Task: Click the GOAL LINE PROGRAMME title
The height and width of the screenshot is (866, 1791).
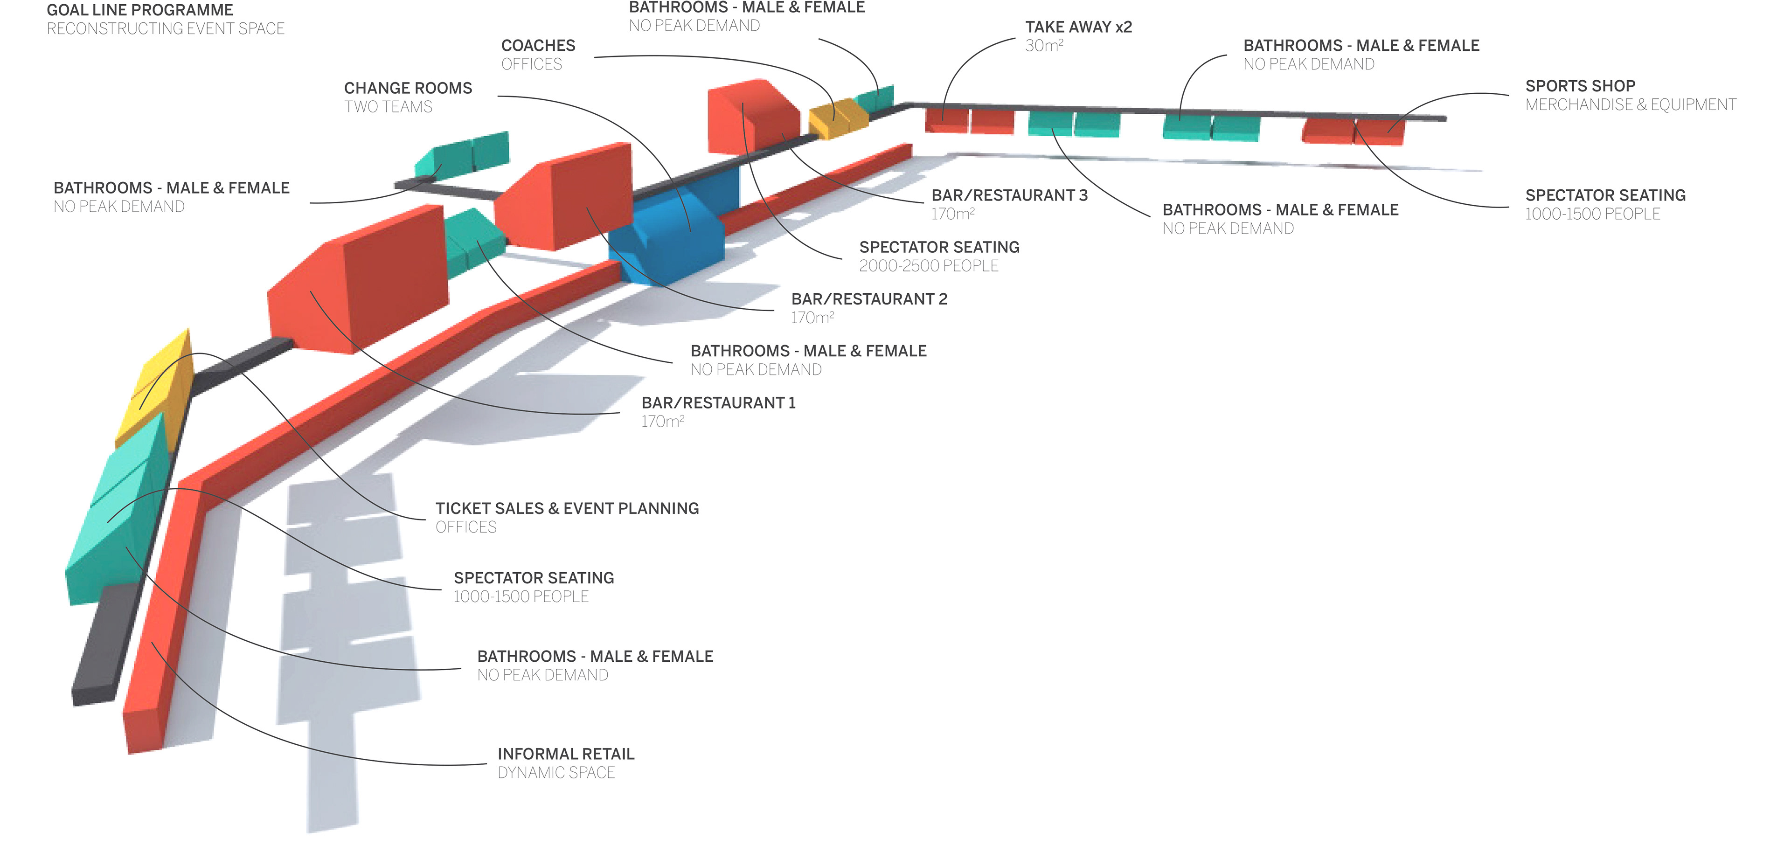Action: (140, 10)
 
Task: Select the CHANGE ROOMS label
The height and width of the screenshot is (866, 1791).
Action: (408, 88)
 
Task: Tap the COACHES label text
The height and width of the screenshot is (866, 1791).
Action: (538, 46)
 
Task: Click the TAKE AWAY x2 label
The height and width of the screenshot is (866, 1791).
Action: (1078, 27)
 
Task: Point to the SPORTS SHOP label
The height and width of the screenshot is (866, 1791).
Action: (1580, 86)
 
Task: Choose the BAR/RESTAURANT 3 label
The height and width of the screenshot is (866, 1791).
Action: (1009, 195)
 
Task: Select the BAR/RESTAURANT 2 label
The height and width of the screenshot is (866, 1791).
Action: (869, 299)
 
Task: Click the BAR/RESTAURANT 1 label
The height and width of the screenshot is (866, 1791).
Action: (718, 403)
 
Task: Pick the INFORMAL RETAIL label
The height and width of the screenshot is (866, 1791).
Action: (566, 754)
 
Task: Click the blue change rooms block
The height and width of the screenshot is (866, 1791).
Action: (673, 229)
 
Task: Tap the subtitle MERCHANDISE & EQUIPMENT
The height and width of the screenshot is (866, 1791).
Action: (1631, 105)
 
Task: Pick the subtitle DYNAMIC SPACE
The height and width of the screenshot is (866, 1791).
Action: (556, 773)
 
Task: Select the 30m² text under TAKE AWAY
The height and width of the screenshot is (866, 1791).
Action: (1044, 46)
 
